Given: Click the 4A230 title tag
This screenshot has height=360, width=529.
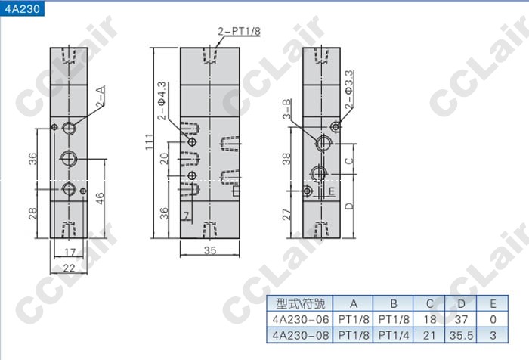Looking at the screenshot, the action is (22, 8).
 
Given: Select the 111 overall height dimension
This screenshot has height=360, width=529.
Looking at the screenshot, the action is (149, 142).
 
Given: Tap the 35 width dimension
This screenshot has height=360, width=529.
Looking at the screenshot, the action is (210, 250).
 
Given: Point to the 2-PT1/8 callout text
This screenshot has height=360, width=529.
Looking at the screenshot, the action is (240, 32).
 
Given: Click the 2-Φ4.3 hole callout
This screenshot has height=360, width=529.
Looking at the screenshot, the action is (162, 101).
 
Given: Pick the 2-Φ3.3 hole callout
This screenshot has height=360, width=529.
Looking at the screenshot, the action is (349, 89).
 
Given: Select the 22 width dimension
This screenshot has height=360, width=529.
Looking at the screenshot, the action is (69, 268).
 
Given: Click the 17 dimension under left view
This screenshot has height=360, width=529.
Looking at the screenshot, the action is (70, 252).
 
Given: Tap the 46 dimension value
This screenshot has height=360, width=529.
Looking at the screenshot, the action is (100, 198).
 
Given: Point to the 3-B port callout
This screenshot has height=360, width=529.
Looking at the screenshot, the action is (287, 109).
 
